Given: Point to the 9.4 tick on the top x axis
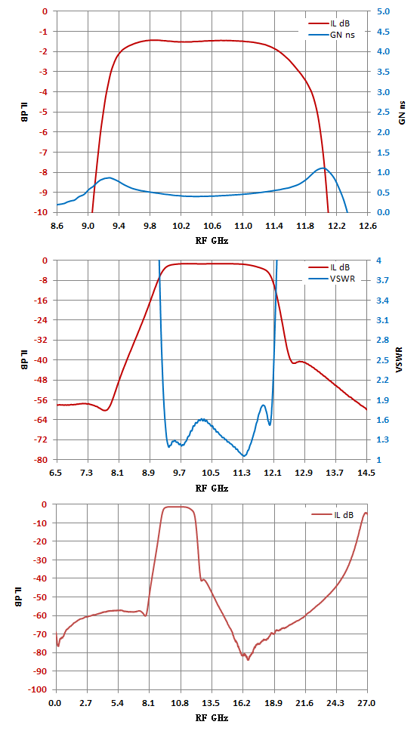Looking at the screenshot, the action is [119, 226].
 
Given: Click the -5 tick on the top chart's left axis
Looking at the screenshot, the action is [45, 112].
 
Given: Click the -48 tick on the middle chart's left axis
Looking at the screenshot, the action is [43, 380].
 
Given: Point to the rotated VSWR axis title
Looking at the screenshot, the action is [400, 359].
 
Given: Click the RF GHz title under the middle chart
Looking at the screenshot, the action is [212, 487].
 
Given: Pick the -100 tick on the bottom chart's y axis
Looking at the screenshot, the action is [41, 689].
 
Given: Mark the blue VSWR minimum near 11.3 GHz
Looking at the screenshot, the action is [244, 455].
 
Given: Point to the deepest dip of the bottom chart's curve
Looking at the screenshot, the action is [248, 660].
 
